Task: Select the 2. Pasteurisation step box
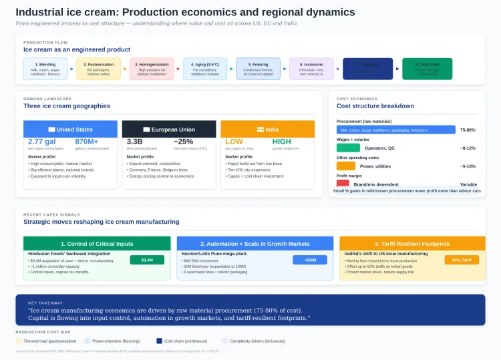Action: pyautogui.click(x=98, y=69)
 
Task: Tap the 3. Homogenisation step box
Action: pyautogui.click(x=152, y=69)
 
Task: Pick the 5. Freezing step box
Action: pyautogui.click(x=258, y=69)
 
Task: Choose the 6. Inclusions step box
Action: pyautogui.click(x=311, y=69)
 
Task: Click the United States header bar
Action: pyautogui.click(x=71, y=129)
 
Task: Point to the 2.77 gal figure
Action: pyautogui.click(x=41, y=142)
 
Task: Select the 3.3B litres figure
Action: pyautogui.click(x=135, y=142)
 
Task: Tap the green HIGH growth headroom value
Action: pyautogui.click(x=282, y=142)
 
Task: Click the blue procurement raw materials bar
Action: pyautogui.click(x=395, y=130)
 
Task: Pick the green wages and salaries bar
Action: pyautogui.click(x=348, y=148)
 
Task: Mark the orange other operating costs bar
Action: pyautogui.click(x=346, y=166)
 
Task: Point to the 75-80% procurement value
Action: pyautogui.click(x=468, y=130)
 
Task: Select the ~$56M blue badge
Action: pyautogui.click(x=310, y=260)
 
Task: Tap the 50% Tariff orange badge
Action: pyautogui.click(x=462, y=260)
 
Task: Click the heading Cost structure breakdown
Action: pyautogui.click(x=375, y=106)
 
